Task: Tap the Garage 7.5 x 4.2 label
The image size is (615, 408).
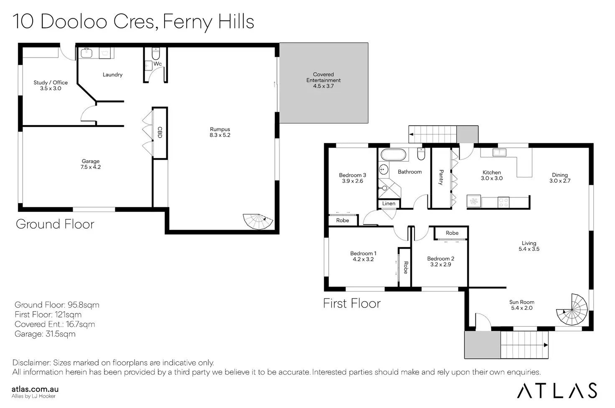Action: [x=91, y=164]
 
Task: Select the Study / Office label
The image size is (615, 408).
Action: [x=51, y=83]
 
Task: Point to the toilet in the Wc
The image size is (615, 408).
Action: [x=156, y=53]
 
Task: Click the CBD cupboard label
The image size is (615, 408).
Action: [x=160, y=132]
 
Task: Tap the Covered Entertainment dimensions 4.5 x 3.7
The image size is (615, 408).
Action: [x=323, y=86]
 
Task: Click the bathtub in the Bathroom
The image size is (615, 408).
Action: [x=394, y=155]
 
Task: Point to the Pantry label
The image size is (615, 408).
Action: [x=441, y=177]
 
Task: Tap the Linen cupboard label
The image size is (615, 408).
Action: [x=389, y=204]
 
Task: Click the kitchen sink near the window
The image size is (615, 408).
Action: [x=499, y=152]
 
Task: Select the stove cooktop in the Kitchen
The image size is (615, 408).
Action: [x=503, y=202]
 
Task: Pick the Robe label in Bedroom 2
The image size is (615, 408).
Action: [x=452, y=233]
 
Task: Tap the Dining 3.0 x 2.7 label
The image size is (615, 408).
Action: [x=560, y=178]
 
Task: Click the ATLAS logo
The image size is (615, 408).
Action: [x=557, y=390]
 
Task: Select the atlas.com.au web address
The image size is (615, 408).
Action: [x=35, y=389]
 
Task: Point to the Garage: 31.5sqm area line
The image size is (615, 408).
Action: [x=45, y=334]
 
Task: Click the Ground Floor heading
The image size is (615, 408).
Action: [x=55, y=224]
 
